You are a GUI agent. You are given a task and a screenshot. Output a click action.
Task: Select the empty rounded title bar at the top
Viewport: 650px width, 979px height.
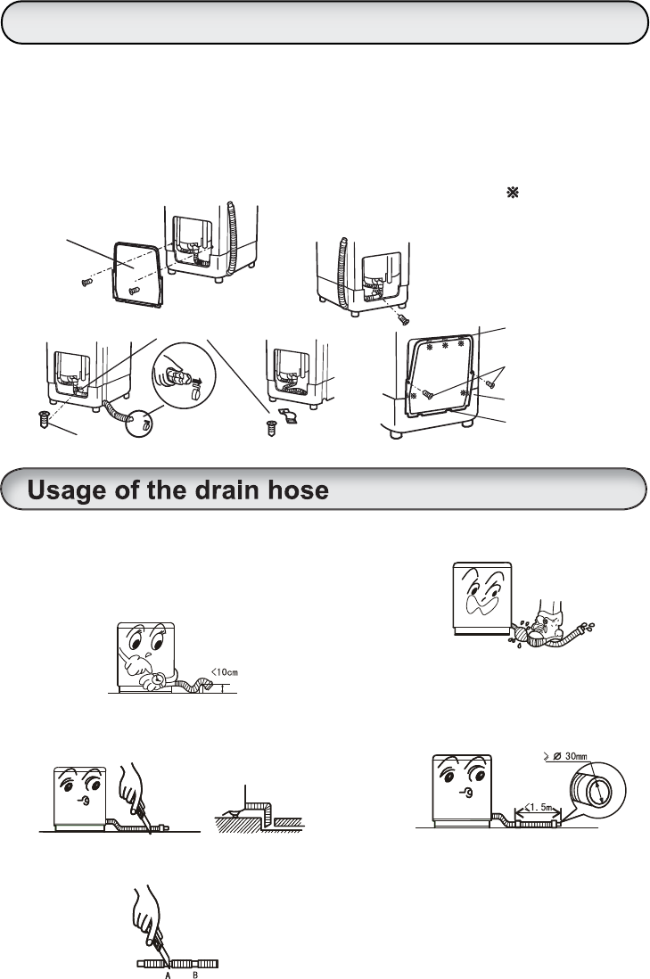click(x=325, y=22)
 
